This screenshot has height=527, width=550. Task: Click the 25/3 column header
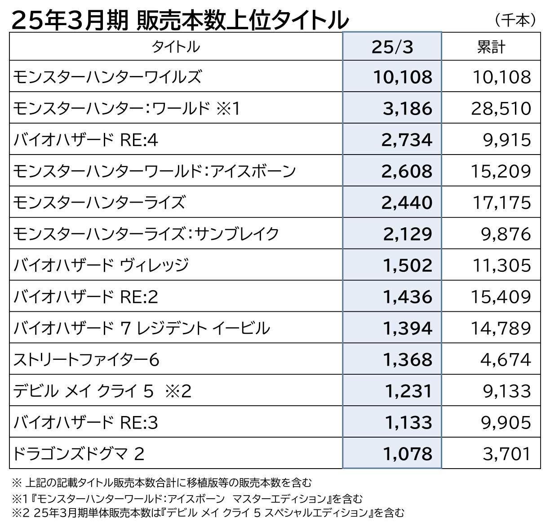[x=392, y=47]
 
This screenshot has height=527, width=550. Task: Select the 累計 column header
[x=491, y=47]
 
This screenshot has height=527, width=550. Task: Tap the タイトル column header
[x=176, y=47]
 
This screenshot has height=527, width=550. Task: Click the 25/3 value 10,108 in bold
[x=403, y=77]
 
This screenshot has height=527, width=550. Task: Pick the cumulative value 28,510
[x=501, y=108]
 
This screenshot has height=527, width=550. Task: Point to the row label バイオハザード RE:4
[x=86, y=140]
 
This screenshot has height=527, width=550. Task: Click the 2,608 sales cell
[x=407, y=171]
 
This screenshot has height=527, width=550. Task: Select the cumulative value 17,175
[x=501, y=203]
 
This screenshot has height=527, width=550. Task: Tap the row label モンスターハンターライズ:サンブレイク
[x=146, y=234]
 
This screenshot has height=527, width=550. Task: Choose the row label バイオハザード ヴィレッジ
[x=101, y=265]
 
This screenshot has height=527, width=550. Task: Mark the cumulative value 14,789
[x=501, y=328]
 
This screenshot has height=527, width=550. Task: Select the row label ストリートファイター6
[x=86, y=359]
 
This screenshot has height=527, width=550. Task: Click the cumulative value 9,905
[x=506, y=422]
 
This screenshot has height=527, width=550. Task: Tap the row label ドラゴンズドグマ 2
[x=79, y=454]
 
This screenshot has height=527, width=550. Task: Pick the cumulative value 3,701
[x=506, y=454]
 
